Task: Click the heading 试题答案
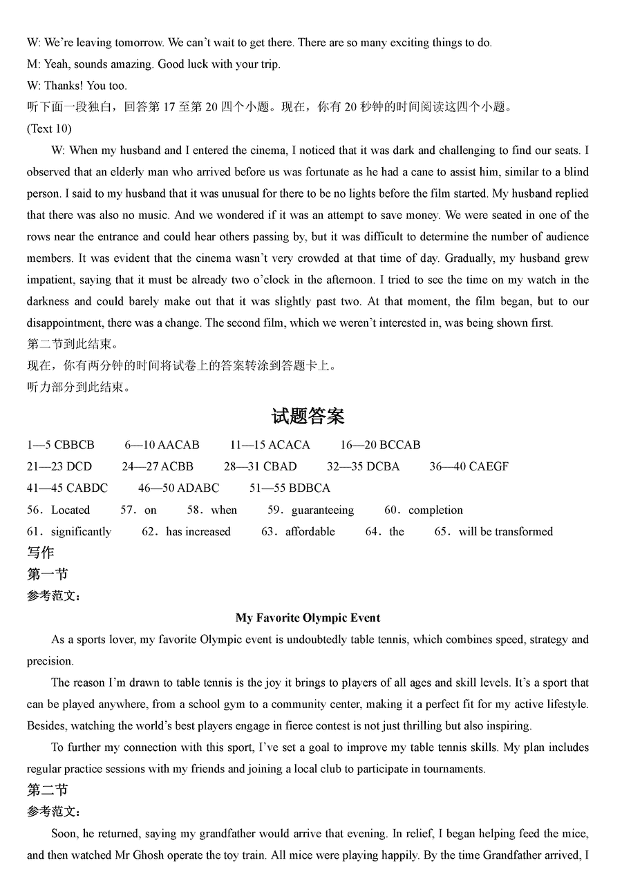pyautogui.click(x=308, y=417)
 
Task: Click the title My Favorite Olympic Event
pyautogui.click(x=308, y=618)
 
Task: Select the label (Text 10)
pyautogui.click(x=49, y=128)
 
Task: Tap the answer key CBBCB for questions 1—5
pyautogui.click(x=74, y=445)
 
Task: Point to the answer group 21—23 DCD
pyautogui.click(x=59, y=466)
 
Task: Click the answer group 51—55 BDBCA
pyautogui.click(x=290, y=488)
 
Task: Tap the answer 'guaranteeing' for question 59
pyautogui.click(x=322, y=511)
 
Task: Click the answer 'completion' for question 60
pyautogui.click(x=435, y=511)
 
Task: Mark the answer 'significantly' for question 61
pyautogui.click(x=81, y=532)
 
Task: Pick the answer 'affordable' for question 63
pyautogui.click(x=310, y=532)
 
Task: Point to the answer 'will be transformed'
pyautogui.click(x=505, y=532)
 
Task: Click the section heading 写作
pyautogui.click(x=40, y=553)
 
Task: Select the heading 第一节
pyautogui.click(x=47, y=574)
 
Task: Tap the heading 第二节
pyautogui.click(x=47, y=790)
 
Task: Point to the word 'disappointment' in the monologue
pyautogui.click(x=64, y=323)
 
